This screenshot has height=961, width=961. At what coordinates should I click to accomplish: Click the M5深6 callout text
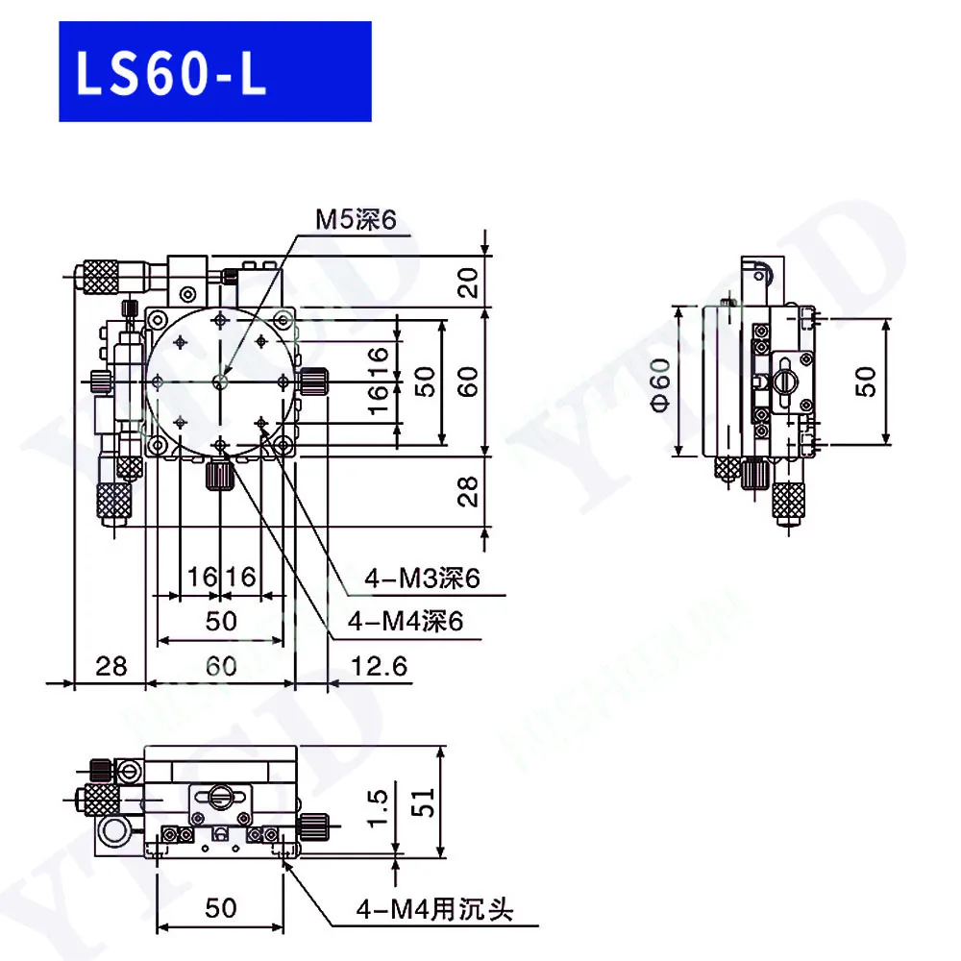click(x=357, y=221)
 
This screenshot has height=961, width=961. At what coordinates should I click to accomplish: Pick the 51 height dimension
click(x=423, y=800)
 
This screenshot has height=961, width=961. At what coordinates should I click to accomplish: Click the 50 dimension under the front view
click(x=221, y=908)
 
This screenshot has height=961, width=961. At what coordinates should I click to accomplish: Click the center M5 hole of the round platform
click(x=221, y=382)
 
